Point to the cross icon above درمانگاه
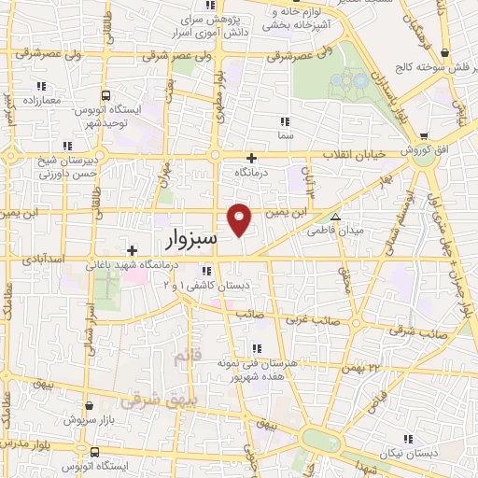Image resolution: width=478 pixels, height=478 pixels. click(250, 158)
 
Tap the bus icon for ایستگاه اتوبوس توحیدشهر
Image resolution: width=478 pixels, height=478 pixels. click(105, 95)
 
